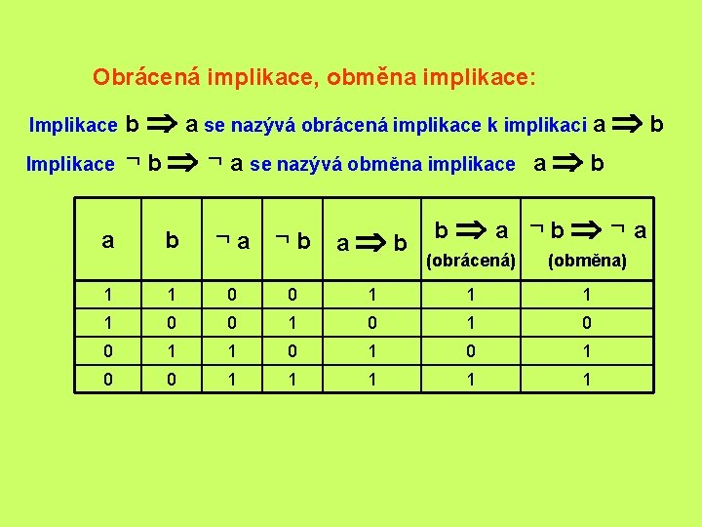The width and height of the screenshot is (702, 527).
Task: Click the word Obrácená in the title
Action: [x=134, y=76]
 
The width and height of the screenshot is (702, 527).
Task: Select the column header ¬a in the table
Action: [x=233, y=240]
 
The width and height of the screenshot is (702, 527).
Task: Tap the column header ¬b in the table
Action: [x=293, y=240]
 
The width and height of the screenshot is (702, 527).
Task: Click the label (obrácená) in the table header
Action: [x=471, y=262]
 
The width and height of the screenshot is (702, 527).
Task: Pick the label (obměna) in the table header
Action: [x=587, y=262]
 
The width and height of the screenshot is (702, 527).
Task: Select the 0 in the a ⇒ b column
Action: [x=370, y=323]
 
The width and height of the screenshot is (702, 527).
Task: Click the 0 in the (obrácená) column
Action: [x=472, y=350]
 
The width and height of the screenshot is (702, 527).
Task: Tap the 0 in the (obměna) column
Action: [x=587, y=323]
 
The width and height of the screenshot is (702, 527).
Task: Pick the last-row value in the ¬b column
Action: [x=293, y=378]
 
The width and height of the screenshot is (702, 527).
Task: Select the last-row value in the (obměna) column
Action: [x=587, y=378]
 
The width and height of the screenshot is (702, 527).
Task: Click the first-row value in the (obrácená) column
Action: [x=472, y=295]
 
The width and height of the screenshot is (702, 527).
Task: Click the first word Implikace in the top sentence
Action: [x=73, y=125]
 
